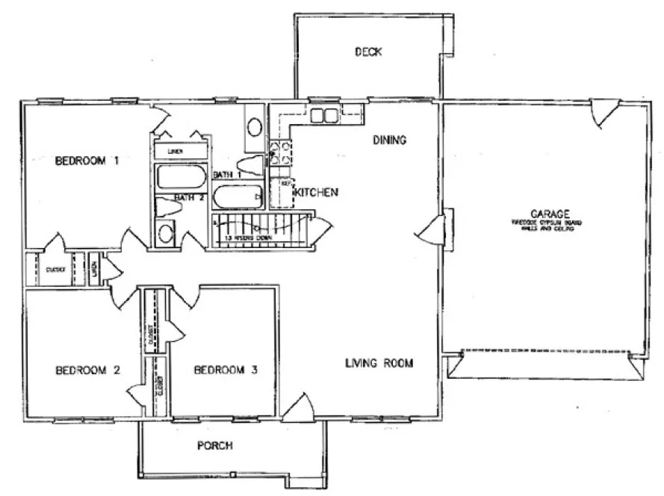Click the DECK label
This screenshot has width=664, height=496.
point(368,52)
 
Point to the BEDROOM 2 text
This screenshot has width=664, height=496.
point(88,370)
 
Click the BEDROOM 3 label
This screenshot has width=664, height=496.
point(226,370)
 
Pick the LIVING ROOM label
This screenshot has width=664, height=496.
point(379,363)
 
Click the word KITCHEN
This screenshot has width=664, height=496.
point(317,192)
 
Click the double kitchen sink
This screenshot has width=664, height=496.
point(323,115)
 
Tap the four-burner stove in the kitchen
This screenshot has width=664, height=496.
point(280,152)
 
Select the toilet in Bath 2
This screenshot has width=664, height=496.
point(164,208)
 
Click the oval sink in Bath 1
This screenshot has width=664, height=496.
point(255,126)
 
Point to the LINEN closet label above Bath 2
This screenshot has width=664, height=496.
point(176,151)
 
